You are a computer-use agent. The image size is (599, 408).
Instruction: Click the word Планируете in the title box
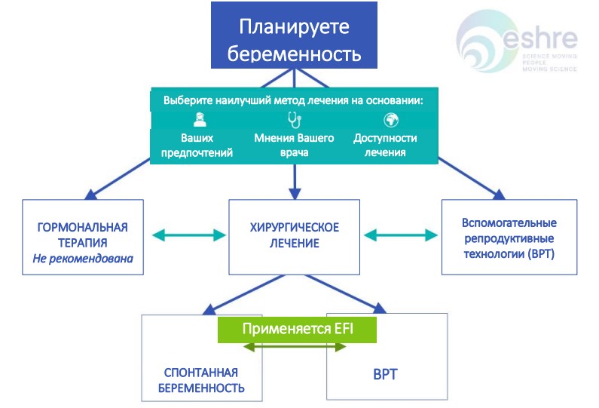pos(295,26)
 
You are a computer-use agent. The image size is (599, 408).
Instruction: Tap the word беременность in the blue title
pos(295,54)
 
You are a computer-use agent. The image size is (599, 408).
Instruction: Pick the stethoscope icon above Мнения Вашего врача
pos(294,119)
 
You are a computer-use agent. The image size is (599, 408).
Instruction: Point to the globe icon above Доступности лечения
pos(390,119)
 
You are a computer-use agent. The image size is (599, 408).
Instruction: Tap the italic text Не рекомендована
pos(83,259)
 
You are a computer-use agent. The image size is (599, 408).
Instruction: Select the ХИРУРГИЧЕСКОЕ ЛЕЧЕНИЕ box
pos(295,235)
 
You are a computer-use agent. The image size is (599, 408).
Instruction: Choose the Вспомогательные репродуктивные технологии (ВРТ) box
pos(509,238)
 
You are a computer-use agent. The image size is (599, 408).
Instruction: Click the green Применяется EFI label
pos(297,330)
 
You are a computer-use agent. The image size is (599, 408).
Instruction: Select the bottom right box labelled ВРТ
pos(387,373)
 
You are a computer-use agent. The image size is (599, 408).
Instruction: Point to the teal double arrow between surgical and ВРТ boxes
pos(401,235)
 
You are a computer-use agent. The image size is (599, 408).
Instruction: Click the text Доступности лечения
pos(385,146)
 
